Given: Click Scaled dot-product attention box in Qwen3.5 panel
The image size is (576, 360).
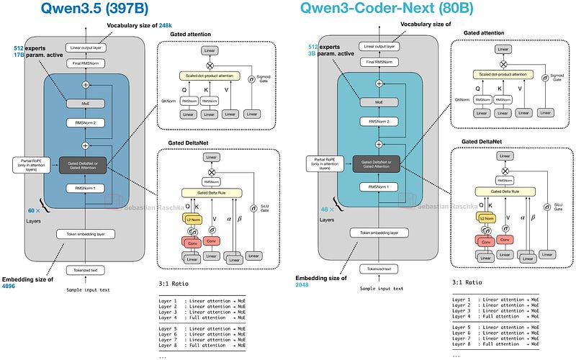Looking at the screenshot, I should click(212, 75).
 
